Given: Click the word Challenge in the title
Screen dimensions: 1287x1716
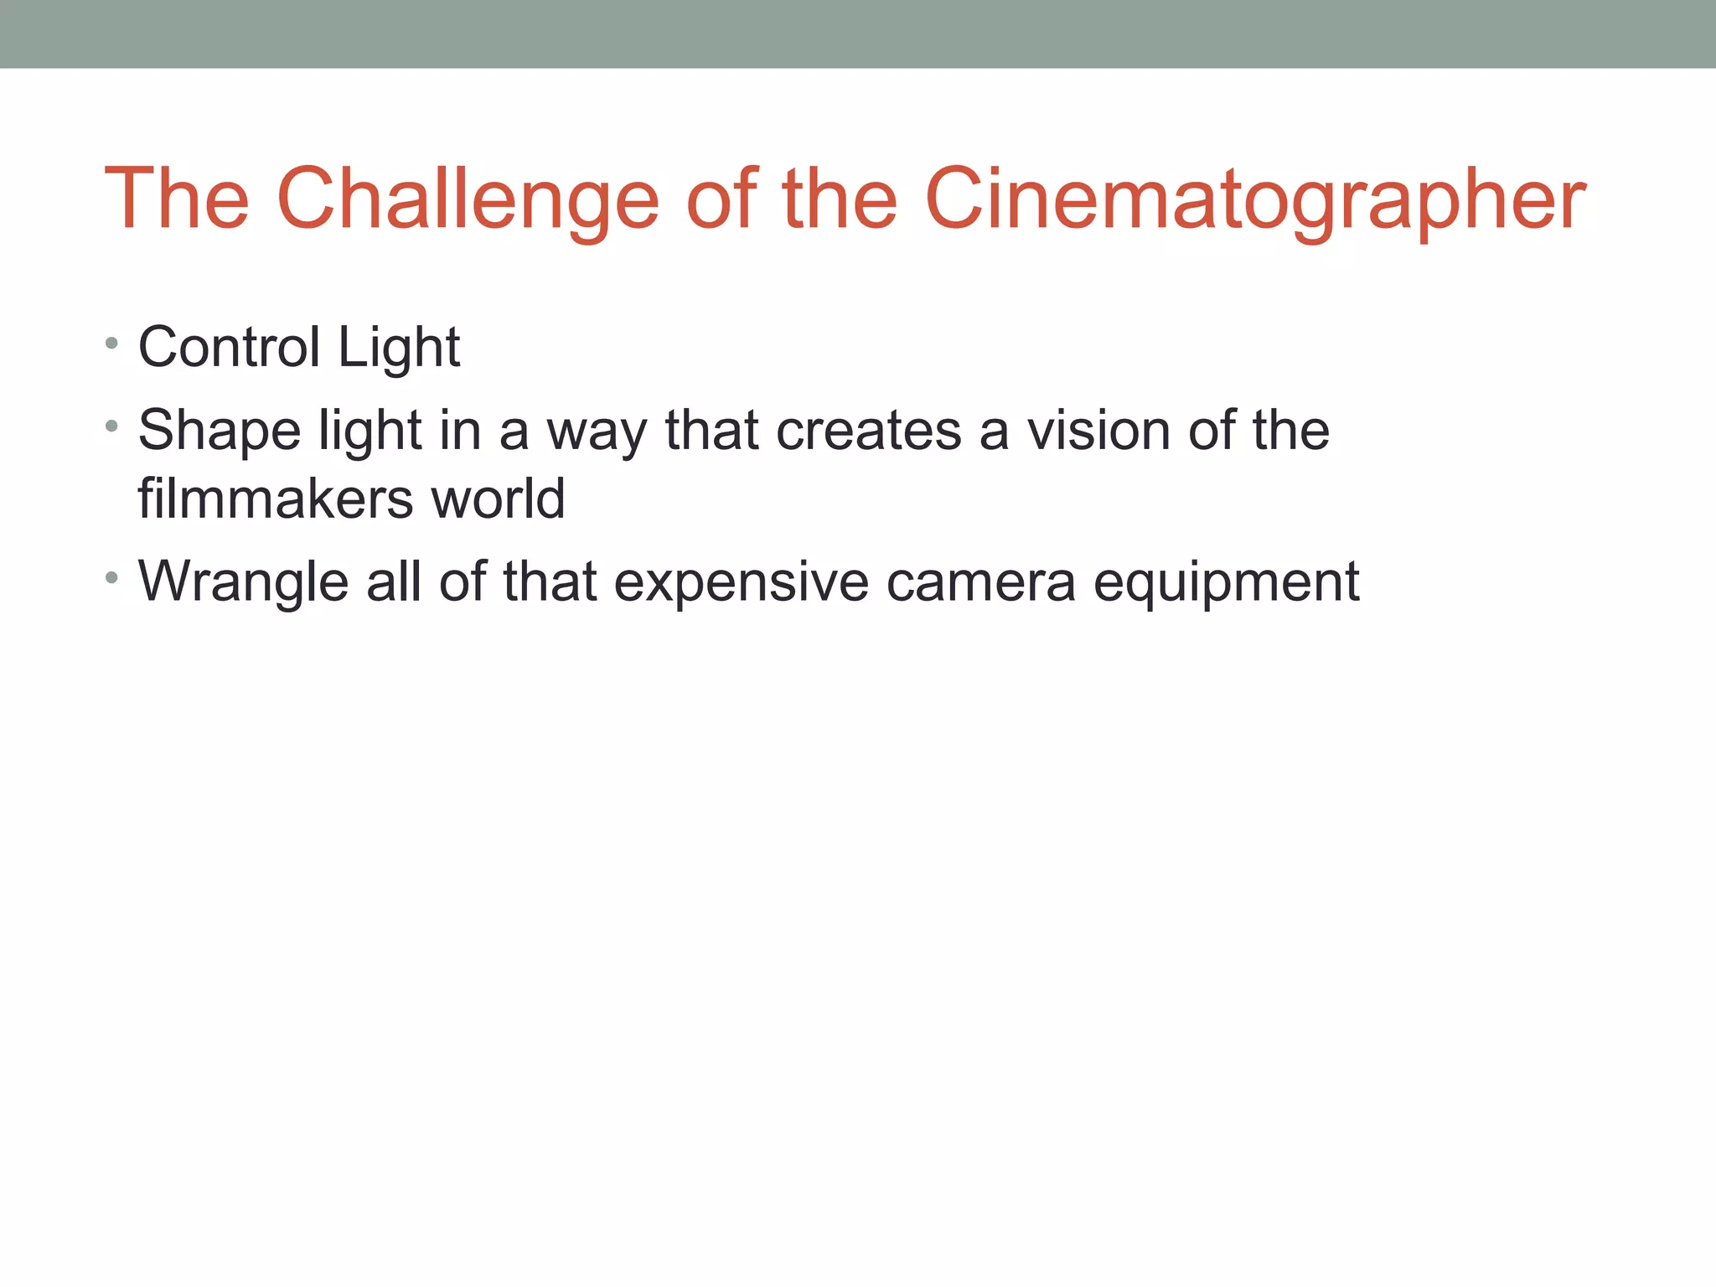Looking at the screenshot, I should tap(467, 199).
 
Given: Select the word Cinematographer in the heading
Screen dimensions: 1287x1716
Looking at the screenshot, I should tap(1254, 199).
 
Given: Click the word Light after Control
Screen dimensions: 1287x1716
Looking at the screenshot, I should tap(399, 347).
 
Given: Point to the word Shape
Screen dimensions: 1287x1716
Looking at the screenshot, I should tap(220, 431).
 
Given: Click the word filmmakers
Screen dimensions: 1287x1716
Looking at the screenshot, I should tap(275, 499).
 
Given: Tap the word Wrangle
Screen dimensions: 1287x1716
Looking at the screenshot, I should tap(243, 581).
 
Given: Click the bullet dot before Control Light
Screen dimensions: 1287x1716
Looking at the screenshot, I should tap(111, 343).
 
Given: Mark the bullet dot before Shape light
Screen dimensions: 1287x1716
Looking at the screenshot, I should tap(111, 426).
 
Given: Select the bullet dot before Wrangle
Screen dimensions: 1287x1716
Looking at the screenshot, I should tap(111, 577).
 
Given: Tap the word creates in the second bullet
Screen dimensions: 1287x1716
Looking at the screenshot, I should tap(869, 431).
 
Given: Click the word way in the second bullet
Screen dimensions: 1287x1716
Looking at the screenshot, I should tap(597, 431).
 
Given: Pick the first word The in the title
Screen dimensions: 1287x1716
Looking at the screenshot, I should tap(177, 199).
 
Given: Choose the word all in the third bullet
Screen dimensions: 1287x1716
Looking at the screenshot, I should tap(394, 581).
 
